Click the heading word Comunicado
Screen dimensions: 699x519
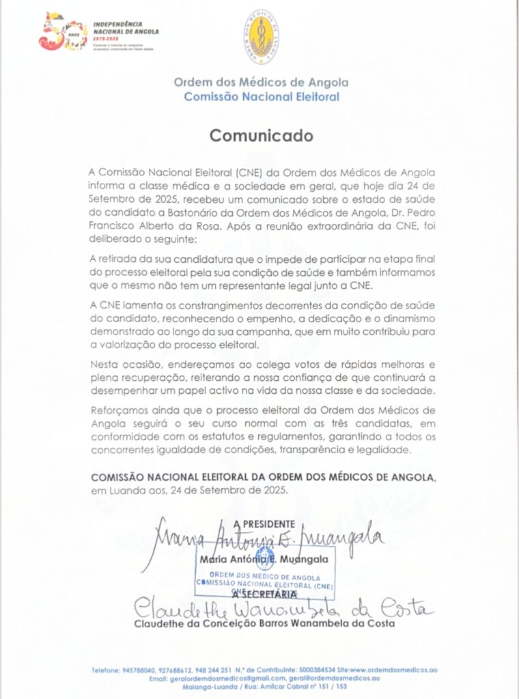[261, 135]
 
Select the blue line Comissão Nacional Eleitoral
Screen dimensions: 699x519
[261, 96]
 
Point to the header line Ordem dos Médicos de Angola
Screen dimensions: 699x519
[261, 82]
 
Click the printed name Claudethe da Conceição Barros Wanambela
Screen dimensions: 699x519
[236, 624]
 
